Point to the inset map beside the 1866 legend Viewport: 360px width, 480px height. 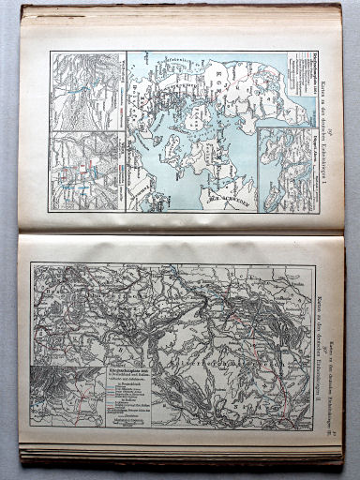(68, 395)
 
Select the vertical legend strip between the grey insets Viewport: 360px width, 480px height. (122, 112)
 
